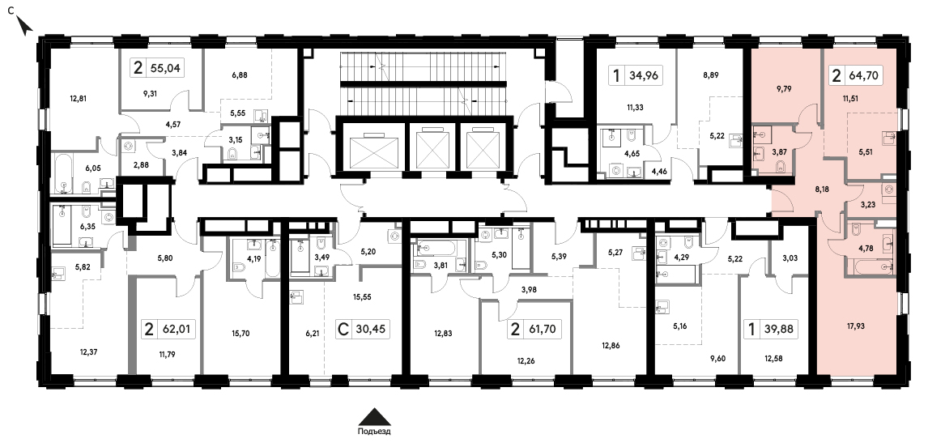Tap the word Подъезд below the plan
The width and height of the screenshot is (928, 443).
[x=374, y=431]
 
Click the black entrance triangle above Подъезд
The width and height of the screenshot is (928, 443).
[x=374, y=415]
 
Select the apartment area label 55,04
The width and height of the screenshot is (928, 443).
[x=166, y=68]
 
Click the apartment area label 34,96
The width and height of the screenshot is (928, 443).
[x=645, y=75]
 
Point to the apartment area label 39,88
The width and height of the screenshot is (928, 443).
[x=777, y=329]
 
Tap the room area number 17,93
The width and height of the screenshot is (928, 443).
[x=857, y=324]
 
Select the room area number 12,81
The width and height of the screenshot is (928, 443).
[x=78, y=99]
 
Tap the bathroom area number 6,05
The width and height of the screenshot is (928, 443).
[x=93, y=168]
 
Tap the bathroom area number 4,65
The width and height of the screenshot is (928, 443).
[x=624, y=155]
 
